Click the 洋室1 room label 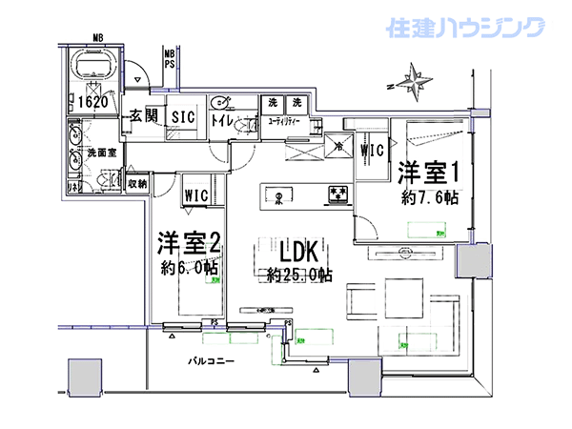point(430,174)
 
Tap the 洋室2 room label point(190,243)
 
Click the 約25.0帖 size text point(299,276)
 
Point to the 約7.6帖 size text point(429,198)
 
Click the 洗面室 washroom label point(101,152)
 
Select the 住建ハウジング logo point(465,28)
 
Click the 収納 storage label point(136,182)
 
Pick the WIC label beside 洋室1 point(371,150)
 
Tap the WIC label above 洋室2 point(197,194)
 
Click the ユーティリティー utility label point(284,122)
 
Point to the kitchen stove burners point(336,194)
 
